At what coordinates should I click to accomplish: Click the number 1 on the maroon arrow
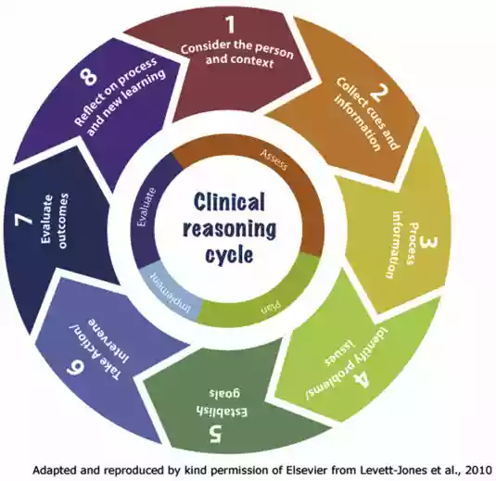pyautogui.click(x=230, y=25)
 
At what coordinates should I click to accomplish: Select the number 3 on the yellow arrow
pyautogui.click(x=428, y=243)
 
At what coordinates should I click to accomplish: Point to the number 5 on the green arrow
pyautogui.click(x=216, y=434)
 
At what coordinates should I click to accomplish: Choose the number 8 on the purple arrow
pyautogui.click(x=88, y=77)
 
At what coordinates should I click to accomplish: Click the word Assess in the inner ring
pyautogui.click(x=273, y=159)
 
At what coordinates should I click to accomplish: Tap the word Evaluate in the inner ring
pyautogui.click(x=147, y=208)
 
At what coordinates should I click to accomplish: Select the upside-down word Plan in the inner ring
pyautogui.click(x=271, y=308)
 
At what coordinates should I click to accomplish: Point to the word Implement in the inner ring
pyautogui.click(x=171, y=293)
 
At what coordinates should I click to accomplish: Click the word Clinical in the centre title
pyautogui.click(x=229, y=201)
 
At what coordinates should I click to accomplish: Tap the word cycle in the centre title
pyautogui.click(x=229, y=255)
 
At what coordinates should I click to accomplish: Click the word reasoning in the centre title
pyautogui.click(x=229, y=229)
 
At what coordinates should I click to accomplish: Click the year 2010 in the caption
pyautogui.click(x=479, y=470)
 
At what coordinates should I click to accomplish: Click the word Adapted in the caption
pyautogui.click(x=51, y=471)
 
